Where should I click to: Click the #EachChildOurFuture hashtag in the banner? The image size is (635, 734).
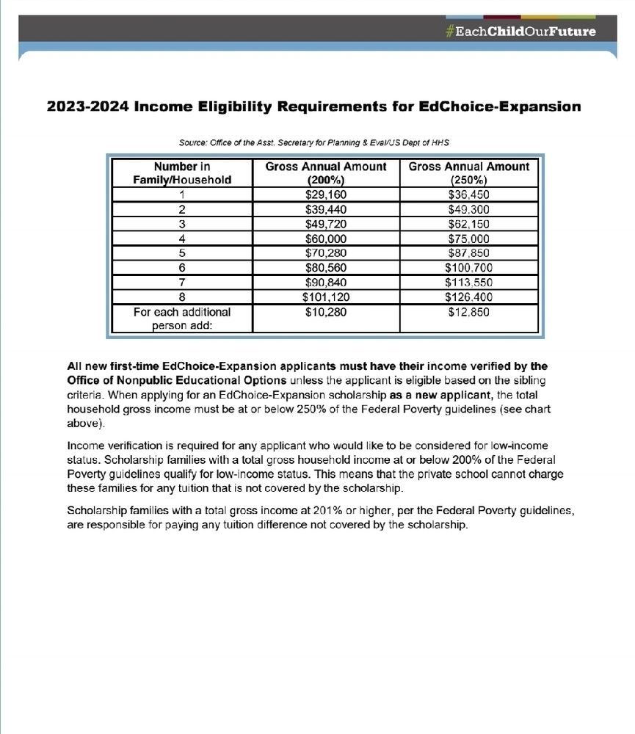520,32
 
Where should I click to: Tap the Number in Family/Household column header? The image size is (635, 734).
181,172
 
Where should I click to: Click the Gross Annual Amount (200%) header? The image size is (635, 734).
325,172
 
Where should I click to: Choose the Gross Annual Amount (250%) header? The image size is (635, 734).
468,172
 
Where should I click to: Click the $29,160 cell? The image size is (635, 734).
325,195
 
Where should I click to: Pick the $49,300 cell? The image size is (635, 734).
468,209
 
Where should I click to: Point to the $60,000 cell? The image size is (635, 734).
325,239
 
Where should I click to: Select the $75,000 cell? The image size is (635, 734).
468,239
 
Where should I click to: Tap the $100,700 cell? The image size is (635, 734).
468,268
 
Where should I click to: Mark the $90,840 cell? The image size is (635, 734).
325,283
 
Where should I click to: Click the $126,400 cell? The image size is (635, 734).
468,297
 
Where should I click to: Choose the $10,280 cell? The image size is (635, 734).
325,312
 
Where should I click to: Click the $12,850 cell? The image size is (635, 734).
468,312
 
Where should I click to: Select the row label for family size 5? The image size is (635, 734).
181,253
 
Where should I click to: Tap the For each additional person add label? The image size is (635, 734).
181,319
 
